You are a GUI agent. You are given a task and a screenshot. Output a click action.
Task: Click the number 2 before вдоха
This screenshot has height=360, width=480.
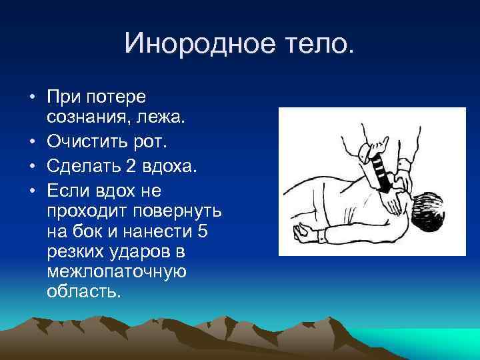(x=131, y=165)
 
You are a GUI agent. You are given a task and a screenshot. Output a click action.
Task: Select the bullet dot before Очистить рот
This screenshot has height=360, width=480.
(x=32, y=141)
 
